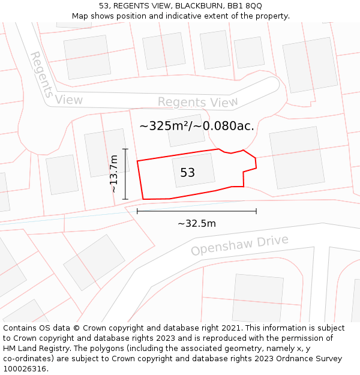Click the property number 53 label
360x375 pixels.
(188, 173)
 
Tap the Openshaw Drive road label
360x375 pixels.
(239, 245)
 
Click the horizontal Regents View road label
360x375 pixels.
(197, 103)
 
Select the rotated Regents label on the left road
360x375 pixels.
(41, 74)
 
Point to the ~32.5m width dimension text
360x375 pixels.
(197, 224)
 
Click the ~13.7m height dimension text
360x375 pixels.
(114, 173)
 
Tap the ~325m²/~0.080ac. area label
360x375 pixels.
(197, 126)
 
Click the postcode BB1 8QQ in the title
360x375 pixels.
(246, 6)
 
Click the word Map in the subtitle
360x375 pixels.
(80, 16)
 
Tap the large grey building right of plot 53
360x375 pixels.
(296, 158)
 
